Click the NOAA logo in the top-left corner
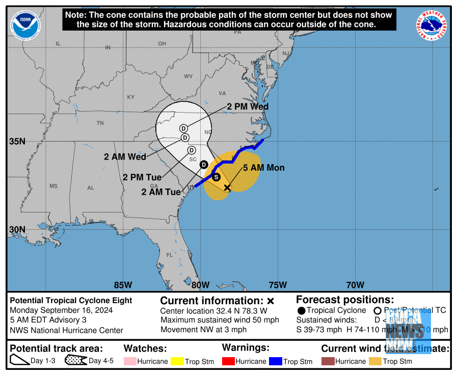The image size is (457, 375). coord(25,25)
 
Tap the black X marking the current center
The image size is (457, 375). coord(227,187)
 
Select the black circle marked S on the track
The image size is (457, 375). coord(216,177)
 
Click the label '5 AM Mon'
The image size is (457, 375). coord(263,168)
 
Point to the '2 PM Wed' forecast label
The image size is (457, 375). coord(248,107)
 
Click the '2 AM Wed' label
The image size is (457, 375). coord(125,156)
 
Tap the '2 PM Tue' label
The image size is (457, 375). coord(142,177)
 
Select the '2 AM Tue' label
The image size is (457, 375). coord(161,192)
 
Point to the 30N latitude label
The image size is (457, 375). coord(17,229)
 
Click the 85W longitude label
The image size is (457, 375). coord(123,285)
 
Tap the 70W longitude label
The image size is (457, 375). coord(355,285)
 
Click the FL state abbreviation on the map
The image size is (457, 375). coord(169,255)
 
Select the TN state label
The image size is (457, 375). coord(100,123)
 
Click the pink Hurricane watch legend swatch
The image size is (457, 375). coord(131,361)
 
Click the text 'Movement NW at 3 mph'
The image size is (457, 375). coord(203,330)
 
